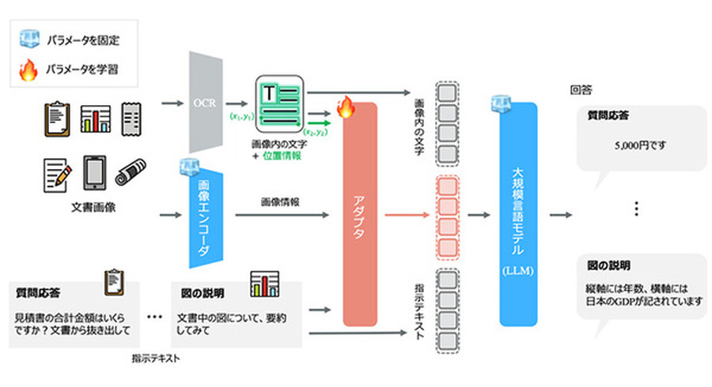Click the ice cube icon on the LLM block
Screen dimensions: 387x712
pyautogui.click(x=501, y=102)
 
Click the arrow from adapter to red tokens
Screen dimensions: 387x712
pyautogui.click(x=407, y=214)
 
